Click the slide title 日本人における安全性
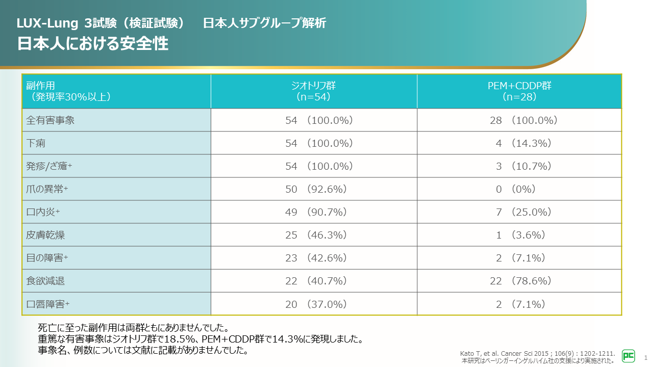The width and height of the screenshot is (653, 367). (93, 44)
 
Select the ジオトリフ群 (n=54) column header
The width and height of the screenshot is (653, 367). (314, 91)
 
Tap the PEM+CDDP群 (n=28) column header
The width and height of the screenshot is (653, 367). (519, 91)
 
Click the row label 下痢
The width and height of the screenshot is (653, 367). (36, 143)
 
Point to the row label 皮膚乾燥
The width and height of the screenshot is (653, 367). (45, 235)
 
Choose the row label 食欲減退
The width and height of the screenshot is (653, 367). (45, 281)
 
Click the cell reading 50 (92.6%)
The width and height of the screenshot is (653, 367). (316, 189)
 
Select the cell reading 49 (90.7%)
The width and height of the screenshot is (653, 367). (316, 212)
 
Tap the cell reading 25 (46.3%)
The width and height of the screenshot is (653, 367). (316, 235)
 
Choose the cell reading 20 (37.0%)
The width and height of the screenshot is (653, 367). (316, 304)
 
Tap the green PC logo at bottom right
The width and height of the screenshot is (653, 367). (629, 356)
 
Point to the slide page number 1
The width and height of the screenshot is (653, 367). (646, 357)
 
